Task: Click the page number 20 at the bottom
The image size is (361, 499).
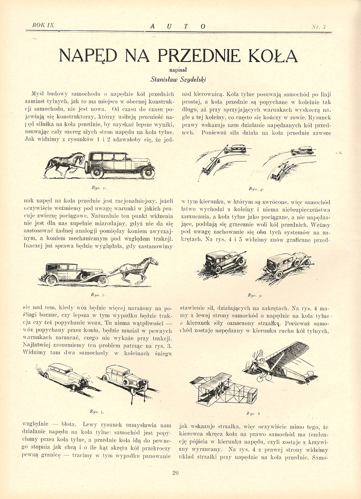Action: [x=175, y=472]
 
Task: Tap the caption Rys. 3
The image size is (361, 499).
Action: [x=97, y=412]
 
